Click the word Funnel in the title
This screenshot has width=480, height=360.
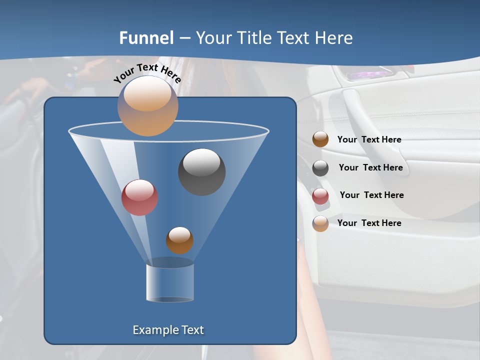tap(146, 38)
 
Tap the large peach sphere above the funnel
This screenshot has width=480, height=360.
tap(147, 106)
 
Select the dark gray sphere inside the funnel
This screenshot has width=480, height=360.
tap(201, 171)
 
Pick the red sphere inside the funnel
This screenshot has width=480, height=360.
tap(139, 197)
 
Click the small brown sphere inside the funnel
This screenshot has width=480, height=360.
tap(179, 240)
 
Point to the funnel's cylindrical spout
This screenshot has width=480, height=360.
tap(170, 282)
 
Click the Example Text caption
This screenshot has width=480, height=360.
tap(168, 330)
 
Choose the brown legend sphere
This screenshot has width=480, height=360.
tap(320, 139)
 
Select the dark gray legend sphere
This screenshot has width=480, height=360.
tap(320, 168)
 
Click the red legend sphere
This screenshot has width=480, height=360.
tap(320, 196)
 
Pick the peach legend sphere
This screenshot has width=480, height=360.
tap(320, 223)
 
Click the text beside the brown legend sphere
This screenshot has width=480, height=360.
tap(369, 139)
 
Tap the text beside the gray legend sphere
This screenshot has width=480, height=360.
tap(370, 167)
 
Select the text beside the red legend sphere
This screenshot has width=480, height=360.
tap(371, 195)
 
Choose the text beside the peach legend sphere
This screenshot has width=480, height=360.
tap(369, 223)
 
